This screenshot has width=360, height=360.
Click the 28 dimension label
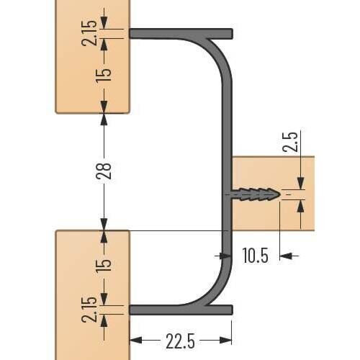[x=104, y=171]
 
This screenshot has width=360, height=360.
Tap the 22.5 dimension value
[x=180, y=341]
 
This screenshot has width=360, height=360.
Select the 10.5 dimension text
[x=255, y=256]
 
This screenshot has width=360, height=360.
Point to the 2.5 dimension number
[x=290, y=142]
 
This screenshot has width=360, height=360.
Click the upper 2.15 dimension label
[x=89, y=33]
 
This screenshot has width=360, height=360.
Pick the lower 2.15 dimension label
[x=89, y=310]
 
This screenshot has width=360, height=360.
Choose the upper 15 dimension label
[x=104, y=76]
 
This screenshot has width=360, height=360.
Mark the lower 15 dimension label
[x=104, y=264]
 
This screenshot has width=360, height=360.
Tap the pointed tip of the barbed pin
[x=280, y=194]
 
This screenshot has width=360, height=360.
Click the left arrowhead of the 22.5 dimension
[x=135, y=340]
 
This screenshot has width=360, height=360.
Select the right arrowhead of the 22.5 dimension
[x=225, y=340]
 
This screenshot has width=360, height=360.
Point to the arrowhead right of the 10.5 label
[x=286, y=256]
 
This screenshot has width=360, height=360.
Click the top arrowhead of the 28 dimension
[x=104, y=120]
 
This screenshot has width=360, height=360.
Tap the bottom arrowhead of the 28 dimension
[x=104, y=225]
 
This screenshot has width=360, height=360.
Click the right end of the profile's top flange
[x=233, y=34]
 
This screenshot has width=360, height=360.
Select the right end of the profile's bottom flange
[x=233, y=310]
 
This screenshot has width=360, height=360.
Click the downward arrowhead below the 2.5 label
[x=301, y=184]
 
